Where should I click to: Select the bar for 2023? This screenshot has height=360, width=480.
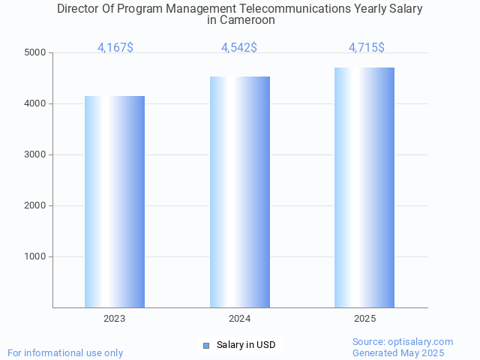click(x=115, y=202)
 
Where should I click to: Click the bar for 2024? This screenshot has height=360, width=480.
click(x=240, y=192)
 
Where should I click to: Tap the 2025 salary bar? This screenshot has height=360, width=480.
click(x=364, y=187)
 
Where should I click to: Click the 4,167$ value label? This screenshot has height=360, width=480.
click(x=115, y=48)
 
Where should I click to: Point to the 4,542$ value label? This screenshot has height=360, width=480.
click(x=239, y=48)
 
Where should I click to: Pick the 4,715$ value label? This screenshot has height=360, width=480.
click(x=367, y=48)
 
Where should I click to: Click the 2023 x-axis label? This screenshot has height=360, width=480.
click(x=115, y=319)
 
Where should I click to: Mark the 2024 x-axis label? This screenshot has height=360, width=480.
click(x=240, y=319)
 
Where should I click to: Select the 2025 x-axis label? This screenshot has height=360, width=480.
click(x=364, y=319)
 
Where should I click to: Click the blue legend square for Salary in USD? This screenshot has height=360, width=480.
click(x=206, y=345)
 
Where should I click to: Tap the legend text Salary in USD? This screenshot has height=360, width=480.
click(x=246, y=345)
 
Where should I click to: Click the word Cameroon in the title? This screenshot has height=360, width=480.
click(x=247, y=20)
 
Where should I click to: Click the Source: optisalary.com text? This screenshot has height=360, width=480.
click(x=403, y=341)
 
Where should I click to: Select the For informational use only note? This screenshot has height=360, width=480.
click(x=65, y=352)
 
